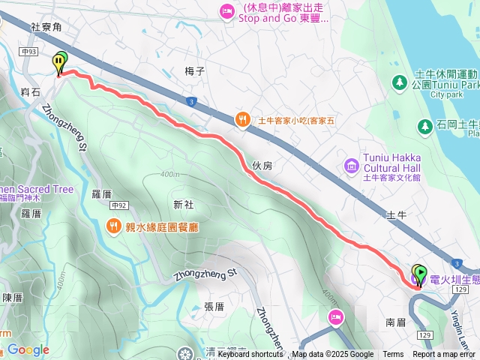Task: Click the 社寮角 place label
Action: click(x=46, y=26)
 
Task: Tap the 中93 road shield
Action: click(x=30, y=52)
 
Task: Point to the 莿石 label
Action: click(x=31, y=91)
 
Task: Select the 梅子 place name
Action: click(x=194, y=71)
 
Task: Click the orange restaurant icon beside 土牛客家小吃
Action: click(x=242, y=118)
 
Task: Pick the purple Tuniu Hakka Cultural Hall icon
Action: click(x=350, y=165)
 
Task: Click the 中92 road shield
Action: click(x=118, y=204)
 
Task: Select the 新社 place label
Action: click(x=183, y=204)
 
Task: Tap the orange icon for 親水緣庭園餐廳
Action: click(x=113, y=224)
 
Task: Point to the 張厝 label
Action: click(x=214, y=306)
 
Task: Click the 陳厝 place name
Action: click(x=13, y=297)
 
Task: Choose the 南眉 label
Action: click(x=395, y=322)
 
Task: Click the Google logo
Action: click(x=28, y=349)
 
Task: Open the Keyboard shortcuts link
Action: click(x=250, y=355)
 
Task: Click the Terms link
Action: click(x=393, y=355)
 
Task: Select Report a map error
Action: click(x=445, y=355)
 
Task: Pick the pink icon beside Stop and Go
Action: click(x=226, y=10)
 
